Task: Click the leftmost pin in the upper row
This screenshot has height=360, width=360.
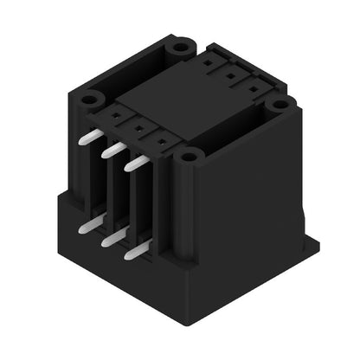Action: tap(88, 137)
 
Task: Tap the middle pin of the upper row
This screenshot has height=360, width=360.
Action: tap(112, 151)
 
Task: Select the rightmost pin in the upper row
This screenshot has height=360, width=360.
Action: tap(137, 164)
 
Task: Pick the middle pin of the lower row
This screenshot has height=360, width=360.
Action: tap(112, 240)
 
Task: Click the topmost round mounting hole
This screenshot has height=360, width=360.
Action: tap(180, 48)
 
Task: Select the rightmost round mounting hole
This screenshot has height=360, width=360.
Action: tap(279, 104)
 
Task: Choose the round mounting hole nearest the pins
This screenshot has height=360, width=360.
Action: tap(189, 157)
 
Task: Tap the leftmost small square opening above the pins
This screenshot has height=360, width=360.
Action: tap(114, 113)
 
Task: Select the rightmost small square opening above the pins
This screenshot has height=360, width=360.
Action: tap(162, 139)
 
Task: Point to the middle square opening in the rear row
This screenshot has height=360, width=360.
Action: tap(232, 74)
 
